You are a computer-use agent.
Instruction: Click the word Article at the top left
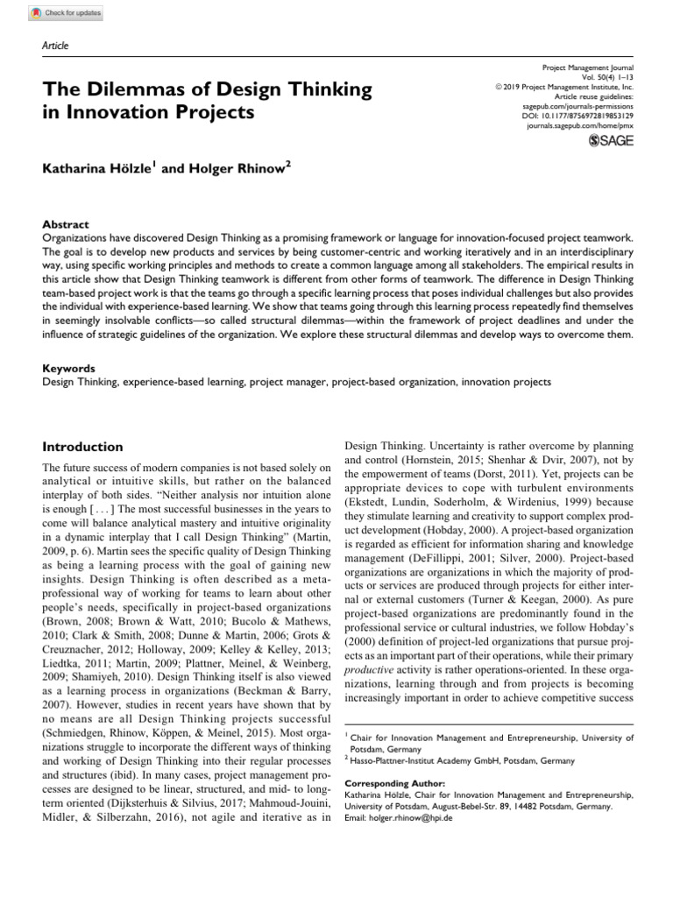54,46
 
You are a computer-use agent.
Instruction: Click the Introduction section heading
85,446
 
